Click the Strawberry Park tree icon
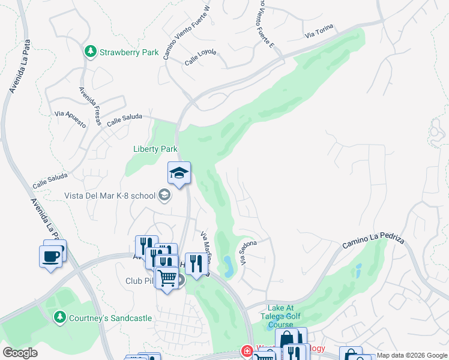[x=91, y=52]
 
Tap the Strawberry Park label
[x=129, y=52]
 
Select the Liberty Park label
[x=155, y=149]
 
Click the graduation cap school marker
[x=179, y=173]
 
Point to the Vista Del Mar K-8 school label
[x=110, y=196]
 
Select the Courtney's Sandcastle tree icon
[x=59, y=316]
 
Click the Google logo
[x=20, y=352]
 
